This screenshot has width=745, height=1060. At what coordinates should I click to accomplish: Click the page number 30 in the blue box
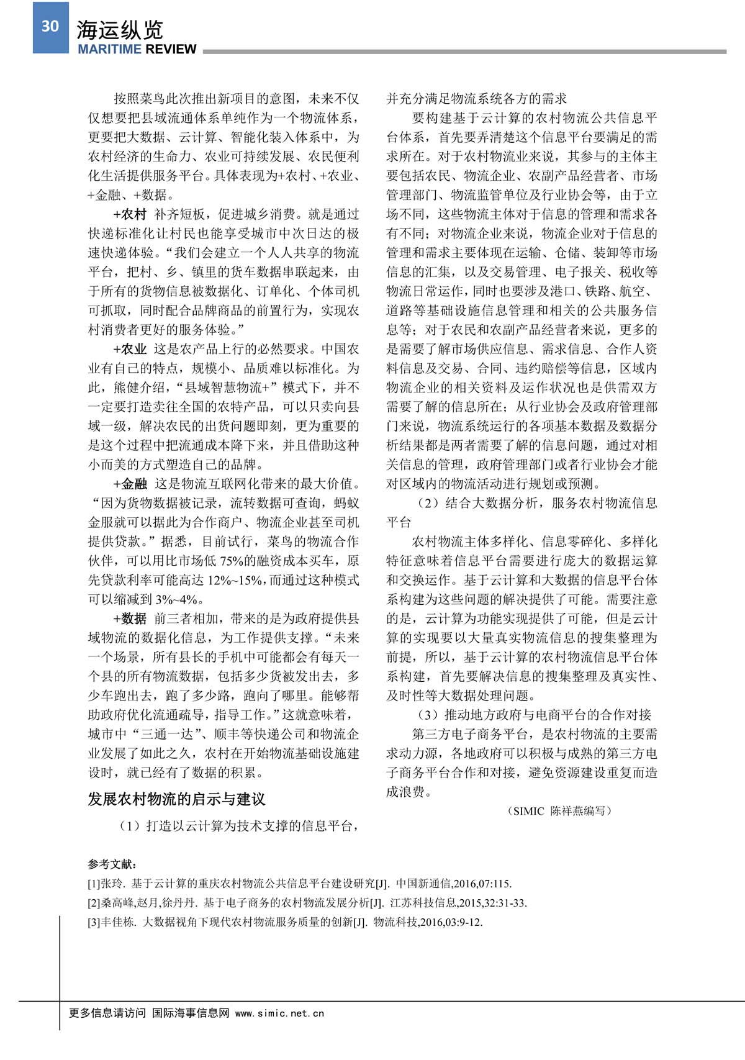pyautogui.click(x=50, y=26)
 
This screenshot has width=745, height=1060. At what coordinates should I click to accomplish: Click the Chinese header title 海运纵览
pyautogui.click(x=120, y=29)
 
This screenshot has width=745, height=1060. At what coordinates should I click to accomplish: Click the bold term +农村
pyautogui.click(x=130, y=215)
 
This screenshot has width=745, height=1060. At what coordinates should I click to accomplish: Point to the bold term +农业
pyautogui.click(x=130, y=350)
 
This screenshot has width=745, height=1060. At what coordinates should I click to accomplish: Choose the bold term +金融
pyautogui.click(x=130, y=484)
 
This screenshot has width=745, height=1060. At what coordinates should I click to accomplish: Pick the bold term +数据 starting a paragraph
pyautogui.click(x=130, y=619)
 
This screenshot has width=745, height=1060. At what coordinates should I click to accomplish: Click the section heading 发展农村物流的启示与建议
pyautogui.click(x=176, y=799)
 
